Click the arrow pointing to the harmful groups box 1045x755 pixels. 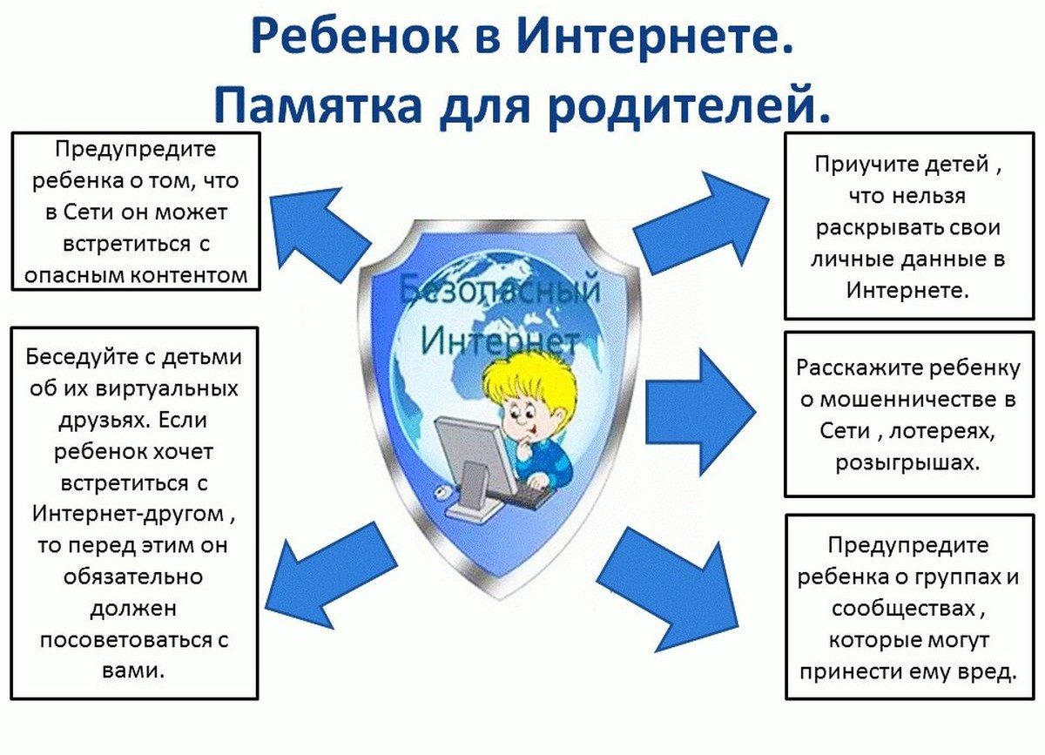[x=671, y=592]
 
